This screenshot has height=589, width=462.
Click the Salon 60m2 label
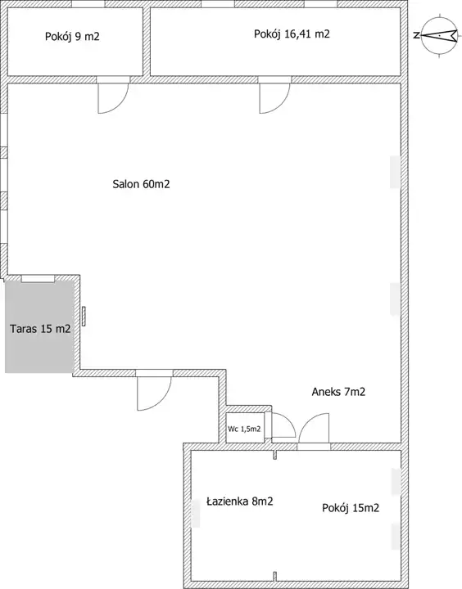point(141,184)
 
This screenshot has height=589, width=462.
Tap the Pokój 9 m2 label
point(72,37)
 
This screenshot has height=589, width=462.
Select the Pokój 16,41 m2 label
point(292,34)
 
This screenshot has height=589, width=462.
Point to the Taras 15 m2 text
point(40,329)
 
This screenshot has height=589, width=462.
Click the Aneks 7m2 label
point(338,392)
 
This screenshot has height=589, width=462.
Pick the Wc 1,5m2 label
point(244,429)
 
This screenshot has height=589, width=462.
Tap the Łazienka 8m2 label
point(240,501)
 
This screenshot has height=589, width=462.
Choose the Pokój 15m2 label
point(351,508)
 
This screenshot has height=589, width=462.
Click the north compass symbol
point(439,36)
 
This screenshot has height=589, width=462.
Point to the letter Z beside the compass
point(416,36)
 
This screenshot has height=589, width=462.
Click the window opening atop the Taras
point(38,278)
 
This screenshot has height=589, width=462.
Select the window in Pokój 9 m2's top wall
point(88,4)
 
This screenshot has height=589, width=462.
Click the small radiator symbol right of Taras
point(84,317)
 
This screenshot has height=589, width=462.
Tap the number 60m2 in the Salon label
point(156,184)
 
